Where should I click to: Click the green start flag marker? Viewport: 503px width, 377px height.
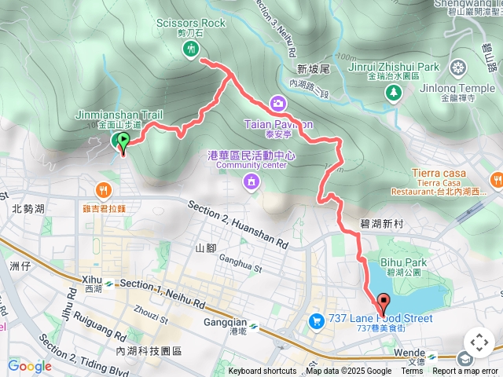click(123, 141)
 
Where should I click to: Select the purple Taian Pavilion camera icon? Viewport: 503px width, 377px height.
click(278, 103)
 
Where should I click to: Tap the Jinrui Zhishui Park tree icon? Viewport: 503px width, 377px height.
click(393, 93)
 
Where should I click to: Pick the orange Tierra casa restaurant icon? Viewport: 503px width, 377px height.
click(496, 180)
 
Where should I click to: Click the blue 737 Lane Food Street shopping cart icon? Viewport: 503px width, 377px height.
click(315, 320)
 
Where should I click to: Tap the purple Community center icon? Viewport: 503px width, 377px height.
click(251, 182)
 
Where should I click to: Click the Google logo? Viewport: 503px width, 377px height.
click(29, 365)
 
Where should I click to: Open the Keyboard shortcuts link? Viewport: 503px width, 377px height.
click(263, 372)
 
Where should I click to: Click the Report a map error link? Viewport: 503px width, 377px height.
click(465, 372)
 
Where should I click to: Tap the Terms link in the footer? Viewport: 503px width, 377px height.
click(412, 372)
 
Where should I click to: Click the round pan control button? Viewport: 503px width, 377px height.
click(479, 342)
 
